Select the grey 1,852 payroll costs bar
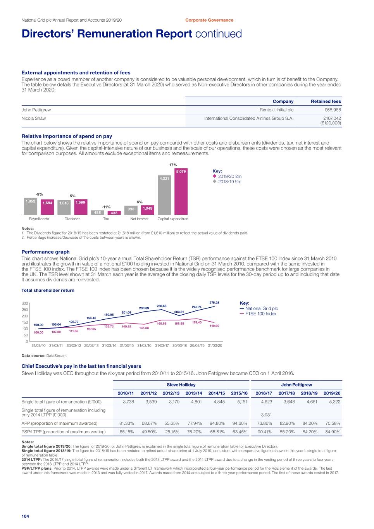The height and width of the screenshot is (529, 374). (x=30, y=206)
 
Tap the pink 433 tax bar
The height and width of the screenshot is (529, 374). (x=114, y=213)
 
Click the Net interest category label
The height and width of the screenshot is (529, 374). (x=139, y=219)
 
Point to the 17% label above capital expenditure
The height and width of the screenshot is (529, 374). (x=173, y=165)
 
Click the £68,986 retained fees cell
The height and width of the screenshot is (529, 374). (x=333, y=110)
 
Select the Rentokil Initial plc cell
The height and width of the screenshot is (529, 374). (x=276, y=110)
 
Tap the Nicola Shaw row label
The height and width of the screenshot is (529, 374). (x=34, y=119)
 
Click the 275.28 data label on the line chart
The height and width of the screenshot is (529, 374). (x=214, y=303)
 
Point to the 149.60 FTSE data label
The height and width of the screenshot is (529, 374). (x=214, y=326)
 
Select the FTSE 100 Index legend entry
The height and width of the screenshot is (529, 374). (x=260, y=314)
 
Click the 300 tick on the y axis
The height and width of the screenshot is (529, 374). (x=24, y=303)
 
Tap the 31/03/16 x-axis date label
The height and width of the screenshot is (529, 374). (x=144, y=346)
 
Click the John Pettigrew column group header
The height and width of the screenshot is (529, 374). (x=296, y=385)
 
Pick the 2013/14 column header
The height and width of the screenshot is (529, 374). (x=194, y=393)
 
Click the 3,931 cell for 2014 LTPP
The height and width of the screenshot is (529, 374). (x=266, y=415)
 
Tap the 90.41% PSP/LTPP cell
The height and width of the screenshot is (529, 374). (x=265, y=432)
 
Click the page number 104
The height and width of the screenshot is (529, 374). (x=25, y=516)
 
